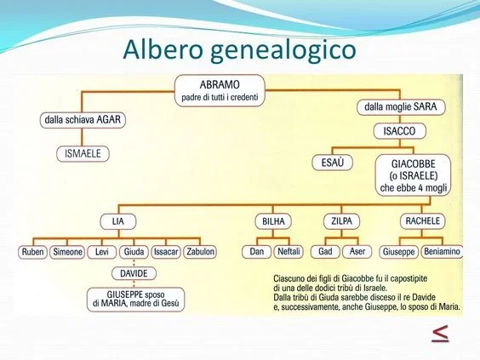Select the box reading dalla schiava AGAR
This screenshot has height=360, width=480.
pos(83,120)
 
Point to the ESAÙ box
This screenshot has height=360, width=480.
pos(332,162)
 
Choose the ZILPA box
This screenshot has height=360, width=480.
pos(341,220)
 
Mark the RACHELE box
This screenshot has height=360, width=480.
pos(423,220)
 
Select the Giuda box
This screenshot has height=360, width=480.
pos(133,252)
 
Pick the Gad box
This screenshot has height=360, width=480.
pos(326,252)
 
